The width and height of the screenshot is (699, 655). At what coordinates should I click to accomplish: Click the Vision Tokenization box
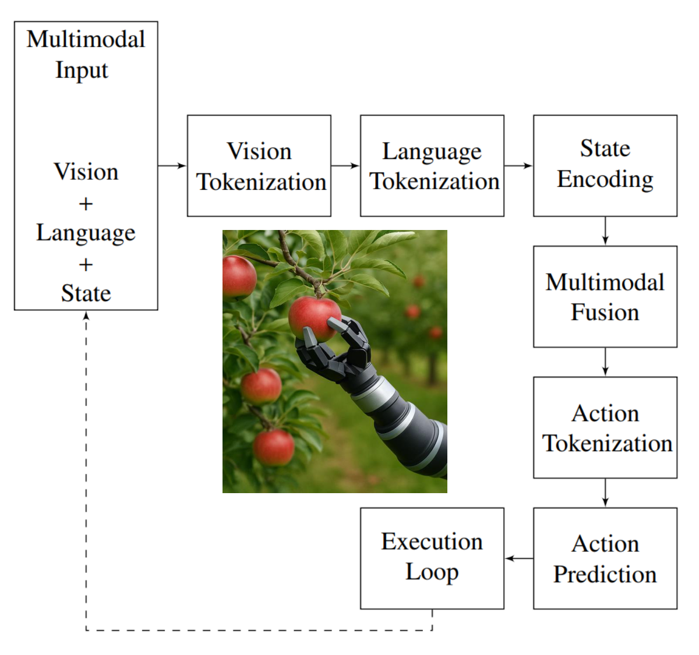pyautogui.click(x=259, y=166)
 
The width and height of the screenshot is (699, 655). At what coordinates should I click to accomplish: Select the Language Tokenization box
pyautogui.click(x=432, y=166)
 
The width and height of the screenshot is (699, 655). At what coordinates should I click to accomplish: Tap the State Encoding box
pyautogui.click(x=605, y=166)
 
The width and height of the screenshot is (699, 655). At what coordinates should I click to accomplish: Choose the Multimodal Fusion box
pyautogui.click(x=605, y=297)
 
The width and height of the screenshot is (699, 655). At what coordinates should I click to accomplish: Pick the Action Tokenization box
pyautogui.click(x=605, y=428)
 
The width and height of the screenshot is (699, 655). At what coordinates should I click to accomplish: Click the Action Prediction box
pyautogui.click(x=605, y=558)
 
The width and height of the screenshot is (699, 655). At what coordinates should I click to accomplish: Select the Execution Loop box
pyautogui.click(x=432, y=558)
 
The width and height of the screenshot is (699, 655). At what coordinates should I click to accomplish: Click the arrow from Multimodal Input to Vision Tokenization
pyautogui.click(x=172, y=166)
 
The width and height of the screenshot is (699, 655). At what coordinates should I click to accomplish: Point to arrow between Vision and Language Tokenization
pyautogui.click(x=345, y=166)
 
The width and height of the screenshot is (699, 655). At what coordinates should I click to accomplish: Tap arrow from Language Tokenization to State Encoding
pyautogui.click(x=518, y=166)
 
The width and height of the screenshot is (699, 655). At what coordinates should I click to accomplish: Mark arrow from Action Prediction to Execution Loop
pyautogui.click(x=518, y=558)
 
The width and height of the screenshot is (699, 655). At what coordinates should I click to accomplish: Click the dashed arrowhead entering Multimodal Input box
pyautogui.click(x=86, y=315)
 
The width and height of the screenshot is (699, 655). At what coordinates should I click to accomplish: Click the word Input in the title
pyautogui.click(x=82, y=70)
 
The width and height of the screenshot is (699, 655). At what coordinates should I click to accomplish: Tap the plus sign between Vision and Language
pyautogui.click(x=86, y=204)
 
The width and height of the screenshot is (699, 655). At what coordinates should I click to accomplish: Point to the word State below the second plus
pyautogui.click(x=86, y=293)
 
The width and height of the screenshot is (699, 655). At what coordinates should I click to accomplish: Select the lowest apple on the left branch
pyautogui.click(x=273, y=447)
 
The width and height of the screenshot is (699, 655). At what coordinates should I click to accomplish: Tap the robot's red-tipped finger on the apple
pyautogui.click(x=338, y=325)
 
